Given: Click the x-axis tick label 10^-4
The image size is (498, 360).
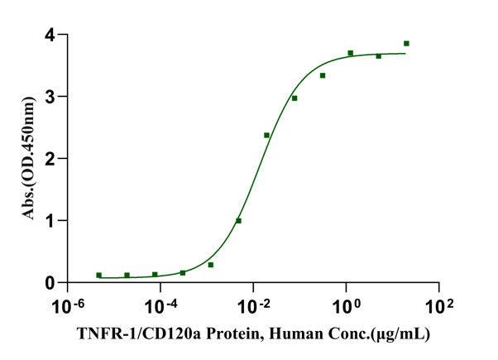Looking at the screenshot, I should pyautogui.click(x=160, y=305).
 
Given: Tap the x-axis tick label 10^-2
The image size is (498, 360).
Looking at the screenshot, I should pyautogui.click(x=252, y=305).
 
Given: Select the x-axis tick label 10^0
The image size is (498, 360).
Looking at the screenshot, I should pyautogui.click(x=346, y=305).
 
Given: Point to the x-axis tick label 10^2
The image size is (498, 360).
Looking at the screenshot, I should pyautogui.click(x=438, y=305).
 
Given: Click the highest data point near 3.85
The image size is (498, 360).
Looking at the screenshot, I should pyautogui.click(x=406, y=44).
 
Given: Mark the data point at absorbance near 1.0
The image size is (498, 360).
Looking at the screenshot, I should pyautogui.click(x=238, y=221).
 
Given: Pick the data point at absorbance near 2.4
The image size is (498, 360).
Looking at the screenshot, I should pyautogui.click(x=266, y=135).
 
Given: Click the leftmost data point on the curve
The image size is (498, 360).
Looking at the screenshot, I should pyautogui.click(x=99, y=276).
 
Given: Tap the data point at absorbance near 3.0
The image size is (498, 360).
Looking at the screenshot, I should pyautogui.click(x=294, y=98).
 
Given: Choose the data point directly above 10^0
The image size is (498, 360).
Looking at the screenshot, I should pyautogui.click(x=351, y=54).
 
